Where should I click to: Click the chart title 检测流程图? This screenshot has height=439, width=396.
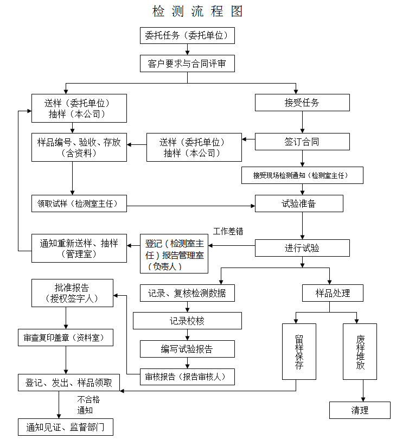(x=197, y=11)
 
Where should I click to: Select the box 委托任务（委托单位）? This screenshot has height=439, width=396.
(x=187, y=36)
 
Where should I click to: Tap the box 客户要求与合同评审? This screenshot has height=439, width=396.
(x=187, y=63)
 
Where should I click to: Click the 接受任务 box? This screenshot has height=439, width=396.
(x=302, y=103)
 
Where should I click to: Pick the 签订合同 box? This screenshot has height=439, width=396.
(x=302, y=142)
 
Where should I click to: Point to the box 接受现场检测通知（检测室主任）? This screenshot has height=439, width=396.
(x=302, y=175)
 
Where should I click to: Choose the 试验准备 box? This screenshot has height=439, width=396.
(x=299, y=203)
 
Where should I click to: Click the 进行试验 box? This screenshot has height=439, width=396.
(x=302, y=248)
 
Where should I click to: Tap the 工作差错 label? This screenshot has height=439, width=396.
(x=228, y=231)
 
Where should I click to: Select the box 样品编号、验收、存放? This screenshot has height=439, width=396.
(x=79, y=148)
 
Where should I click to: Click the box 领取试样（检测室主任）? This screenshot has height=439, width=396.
(x=79, y=204)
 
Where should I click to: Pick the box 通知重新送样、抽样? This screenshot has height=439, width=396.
(x=79, y=249)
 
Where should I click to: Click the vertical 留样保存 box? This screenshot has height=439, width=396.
(x=299, y=352)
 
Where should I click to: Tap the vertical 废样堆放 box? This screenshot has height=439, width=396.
(x=360, y=352)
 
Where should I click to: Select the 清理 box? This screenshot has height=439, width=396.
(x=360, y=410)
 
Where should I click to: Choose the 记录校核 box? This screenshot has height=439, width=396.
(x=187, y=321)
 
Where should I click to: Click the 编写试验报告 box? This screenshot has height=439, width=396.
(x=187, y=349)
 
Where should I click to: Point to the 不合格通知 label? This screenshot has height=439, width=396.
(x=88, y=405)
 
